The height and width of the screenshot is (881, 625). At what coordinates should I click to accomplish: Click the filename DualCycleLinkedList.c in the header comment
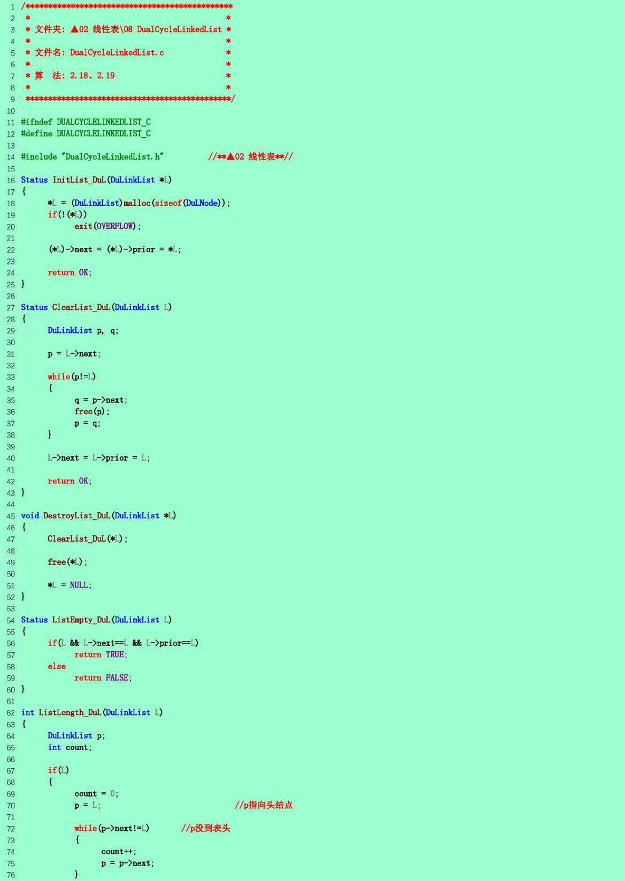click(117, 53)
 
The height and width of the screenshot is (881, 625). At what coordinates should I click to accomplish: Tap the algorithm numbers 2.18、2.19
click(92, 75)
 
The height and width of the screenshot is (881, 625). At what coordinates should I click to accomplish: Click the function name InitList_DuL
click(79, 180)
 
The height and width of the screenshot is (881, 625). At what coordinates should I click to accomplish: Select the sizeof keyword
click(168, 203)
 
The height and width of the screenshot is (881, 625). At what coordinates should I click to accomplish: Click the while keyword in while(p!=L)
click(59, 377)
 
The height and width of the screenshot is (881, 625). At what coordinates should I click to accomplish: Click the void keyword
click(30, 516)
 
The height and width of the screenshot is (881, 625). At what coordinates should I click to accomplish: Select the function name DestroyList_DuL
click(77, 516)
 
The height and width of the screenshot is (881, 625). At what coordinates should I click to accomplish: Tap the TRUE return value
click(114, 654)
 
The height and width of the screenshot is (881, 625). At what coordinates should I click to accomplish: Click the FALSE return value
click(117, 677)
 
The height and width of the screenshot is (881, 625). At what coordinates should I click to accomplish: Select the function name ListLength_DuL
click(70, 712)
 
